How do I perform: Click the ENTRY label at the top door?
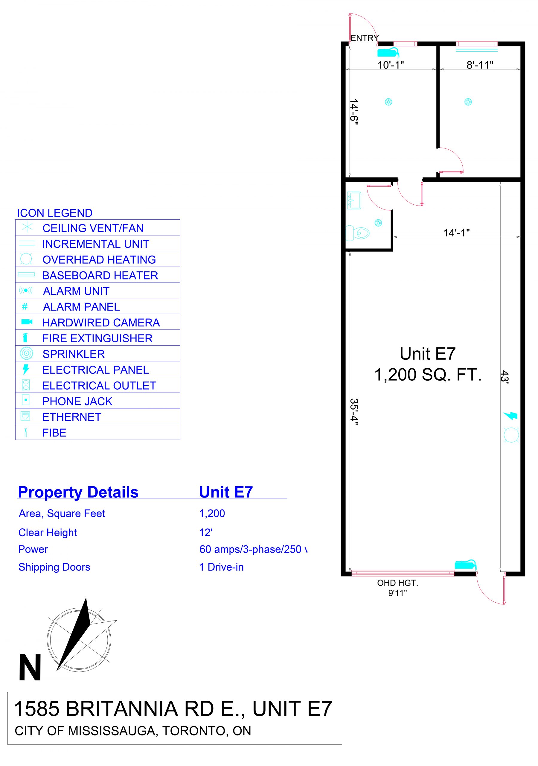pos(365,38)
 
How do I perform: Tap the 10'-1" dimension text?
pos(391,65)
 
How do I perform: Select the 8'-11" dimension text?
pos(480,65)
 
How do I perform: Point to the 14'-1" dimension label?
pos(456,232)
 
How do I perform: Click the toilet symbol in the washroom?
pos(358,233)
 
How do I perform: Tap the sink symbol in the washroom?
pos(354,200)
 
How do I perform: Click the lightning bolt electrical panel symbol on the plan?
pos(510,415)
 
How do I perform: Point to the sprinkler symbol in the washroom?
pos(378,223)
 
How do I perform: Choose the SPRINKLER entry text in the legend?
pos(74,354)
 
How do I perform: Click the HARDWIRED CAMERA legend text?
pos(101,323)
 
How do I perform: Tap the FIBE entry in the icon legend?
pos(54,433)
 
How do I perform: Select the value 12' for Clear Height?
pos(206,533)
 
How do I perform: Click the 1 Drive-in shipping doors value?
pos(222,567)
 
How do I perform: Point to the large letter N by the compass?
pos(30,667)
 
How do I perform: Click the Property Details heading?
pos(78,492)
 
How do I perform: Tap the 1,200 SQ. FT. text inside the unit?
pos(428,375)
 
